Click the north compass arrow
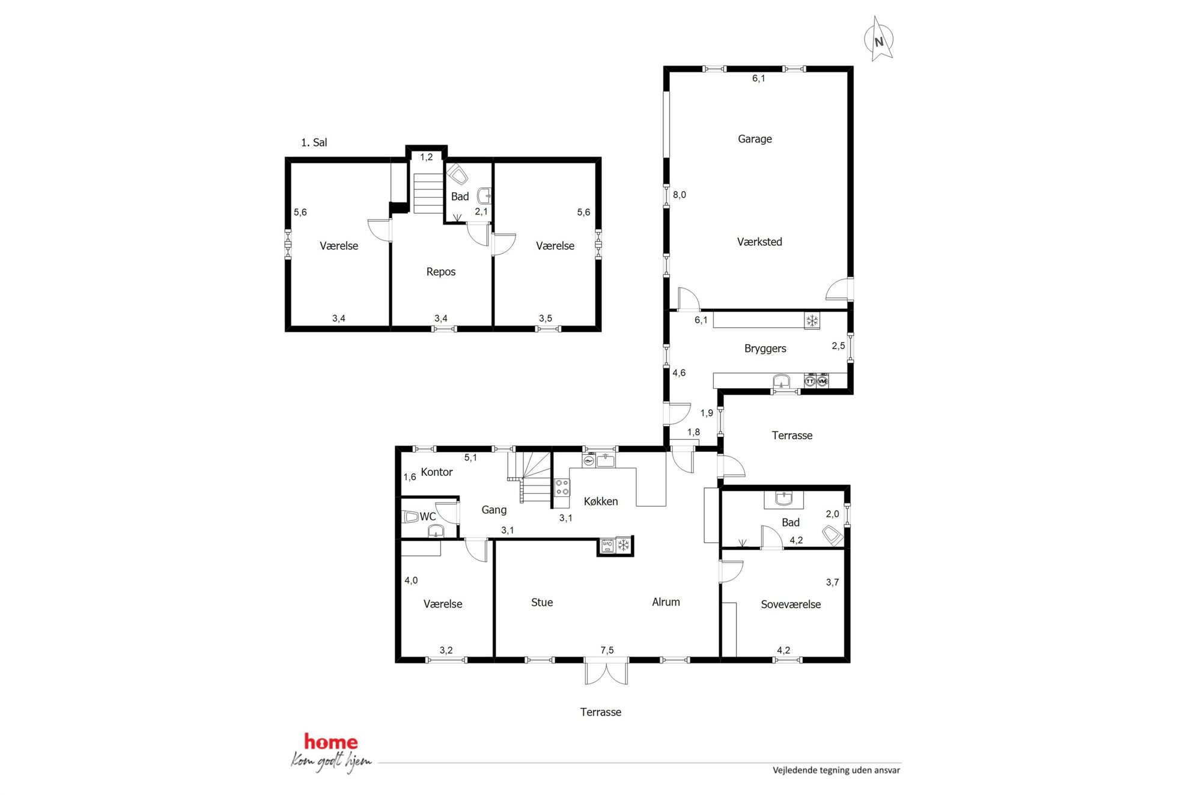(x=880, y=39)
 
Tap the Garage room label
(x=755, y=139)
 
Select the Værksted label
(x=759, y=242)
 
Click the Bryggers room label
(x=765, y=349)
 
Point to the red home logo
(x=330, y=742)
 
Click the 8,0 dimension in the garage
(x=680, y=195)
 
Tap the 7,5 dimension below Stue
(x=607, y=650)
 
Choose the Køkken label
(x=601, y=501)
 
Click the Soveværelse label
(x=791, y=605)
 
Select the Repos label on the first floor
(x=441, y=272)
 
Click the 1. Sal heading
(x=314, y=142)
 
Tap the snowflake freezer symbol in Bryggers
(x=812, y=321)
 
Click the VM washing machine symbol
(x=823, y=381)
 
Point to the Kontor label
(x=437, y=472)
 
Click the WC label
(x=428, y=516)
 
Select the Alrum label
(x=666, y=602)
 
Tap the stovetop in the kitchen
(x=562, y=487)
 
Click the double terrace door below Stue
(x=607, y=671)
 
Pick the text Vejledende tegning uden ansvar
(x=836, y=770)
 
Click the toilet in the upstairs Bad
(x=458, y=174)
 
